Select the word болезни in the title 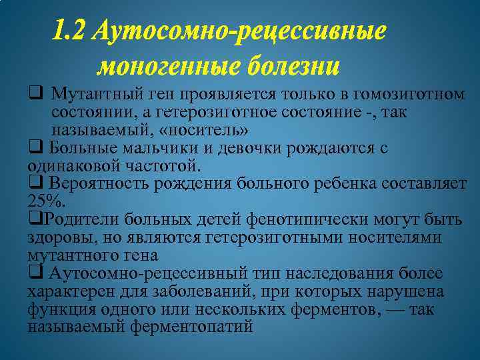coord(293,67)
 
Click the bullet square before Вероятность coord(33,183)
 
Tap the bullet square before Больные coord(33,148)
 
